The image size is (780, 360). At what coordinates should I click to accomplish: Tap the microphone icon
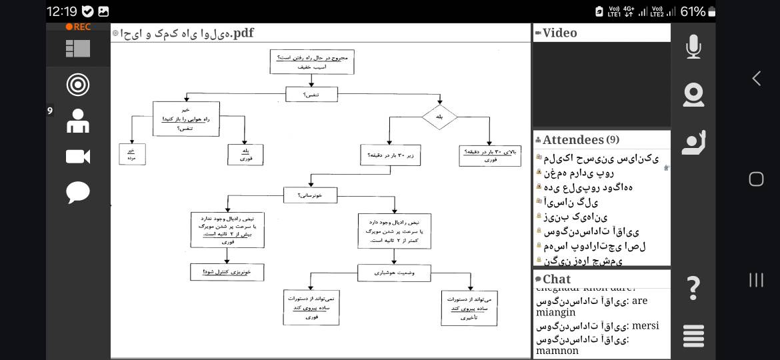click(693, 47)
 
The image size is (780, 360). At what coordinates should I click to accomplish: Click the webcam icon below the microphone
click(693, 95)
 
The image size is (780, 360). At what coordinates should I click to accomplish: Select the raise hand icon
click(693, 142)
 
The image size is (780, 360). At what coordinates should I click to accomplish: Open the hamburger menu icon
click(693, 335)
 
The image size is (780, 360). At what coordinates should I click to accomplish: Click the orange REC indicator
click(78, 27)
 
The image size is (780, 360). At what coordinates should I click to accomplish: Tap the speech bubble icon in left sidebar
click(78, 193)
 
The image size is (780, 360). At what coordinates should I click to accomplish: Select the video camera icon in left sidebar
click(78, 157)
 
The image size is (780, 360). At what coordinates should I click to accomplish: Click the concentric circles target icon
click(78, 85)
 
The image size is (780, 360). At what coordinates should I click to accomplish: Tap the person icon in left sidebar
click(78, 121)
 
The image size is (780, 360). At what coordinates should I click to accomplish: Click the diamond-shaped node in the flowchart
click(439, 117)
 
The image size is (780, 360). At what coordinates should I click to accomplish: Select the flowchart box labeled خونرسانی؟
click(310, 195)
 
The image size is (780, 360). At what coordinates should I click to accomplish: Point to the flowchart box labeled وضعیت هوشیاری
click(394, 273)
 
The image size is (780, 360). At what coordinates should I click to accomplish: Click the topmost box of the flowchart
click(312, 62)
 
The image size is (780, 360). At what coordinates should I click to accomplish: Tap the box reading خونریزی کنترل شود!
click(227, 272)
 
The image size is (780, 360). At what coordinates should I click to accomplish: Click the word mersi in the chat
click(645, 326)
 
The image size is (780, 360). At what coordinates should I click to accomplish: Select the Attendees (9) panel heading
click(577, 140)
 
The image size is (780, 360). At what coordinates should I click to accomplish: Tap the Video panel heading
click(559, 33)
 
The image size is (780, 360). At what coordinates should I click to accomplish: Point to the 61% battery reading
click(693, 11)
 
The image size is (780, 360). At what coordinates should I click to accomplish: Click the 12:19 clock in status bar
click(62, 11)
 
